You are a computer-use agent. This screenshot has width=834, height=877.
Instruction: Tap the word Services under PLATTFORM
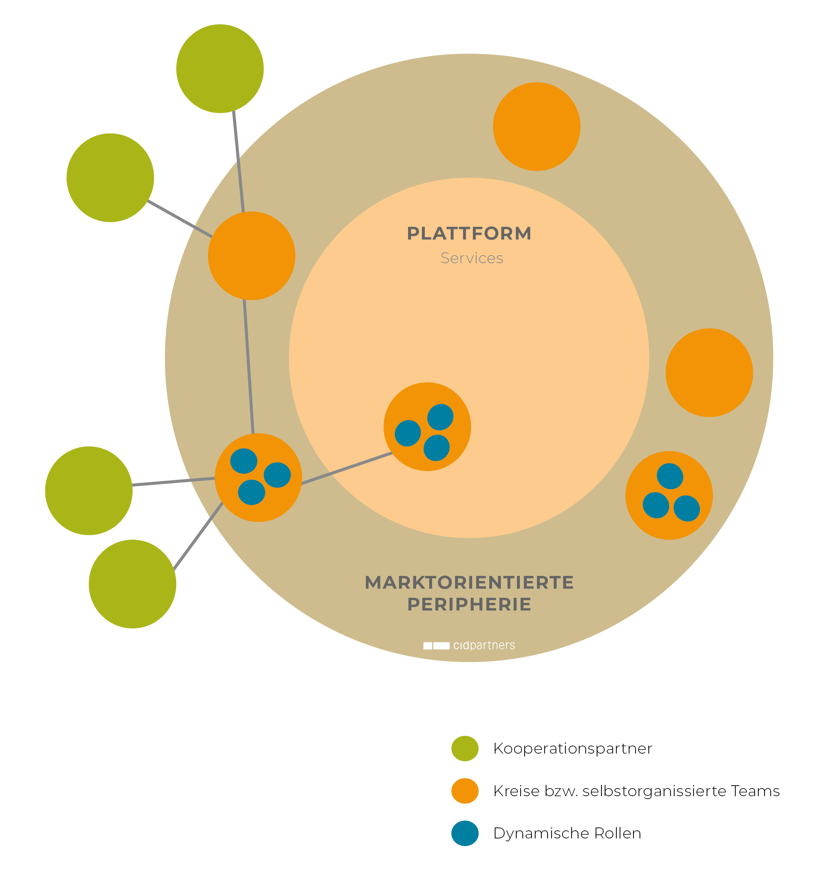(x=472, y=258)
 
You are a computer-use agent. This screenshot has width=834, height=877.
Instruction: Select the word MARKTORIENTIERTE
(x=470, y=582)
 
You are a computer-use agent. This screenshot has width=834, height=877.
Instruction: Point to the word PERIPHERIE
(x=470, y=605)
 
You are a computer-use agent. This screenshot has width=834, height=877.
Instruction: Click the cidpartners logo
(x=469, y=645)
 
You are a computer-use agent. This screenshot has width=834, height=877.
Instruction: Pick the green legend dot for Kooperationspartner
(x=465, y=748)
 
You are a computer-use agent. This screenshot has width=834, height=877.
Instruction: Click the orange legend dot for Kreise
(x=465, y=791)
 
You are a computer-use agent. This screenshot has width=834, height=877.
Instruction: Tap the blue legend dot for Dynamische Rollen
(x=465, y=833)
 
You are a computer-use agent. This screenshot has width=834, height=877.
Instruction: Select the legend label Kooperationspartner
(x=573, y=749)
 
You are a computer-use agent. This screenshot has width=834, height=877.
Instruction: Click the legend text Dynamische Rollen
(x=567, y=833)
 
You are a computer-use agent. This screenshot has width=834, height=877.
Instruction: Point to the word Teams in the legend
(x=755, y=791)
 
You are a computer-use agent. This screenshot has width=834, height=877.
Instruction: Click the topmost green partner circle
(x=220, y=68)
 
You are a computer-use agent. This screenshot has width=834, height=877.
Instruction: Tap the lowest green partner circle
(x=133, y=584)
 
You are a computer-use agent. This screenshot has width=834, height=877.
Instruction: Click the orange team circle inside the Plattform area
(x=427, y=427)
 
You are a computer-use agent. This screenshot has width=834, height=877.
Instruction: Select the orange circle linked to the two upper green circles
(x=252, y=256)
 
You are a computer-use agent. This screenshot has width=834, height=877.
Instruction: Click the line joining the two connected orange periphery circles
(x=249, y=367)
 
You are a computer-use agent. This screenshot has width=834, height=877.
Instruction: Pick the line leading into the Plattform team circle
(x=347, y=469)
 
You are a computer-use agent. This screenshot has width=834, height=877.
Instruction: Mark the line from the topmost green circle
(x=239, y=162)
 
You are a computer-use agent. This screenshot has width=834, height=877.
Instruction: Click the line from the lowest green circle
(x=198, y=537)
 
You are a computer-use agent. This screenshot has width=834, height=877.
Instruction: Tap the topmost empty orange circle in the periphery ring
(x=537, y=126)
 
